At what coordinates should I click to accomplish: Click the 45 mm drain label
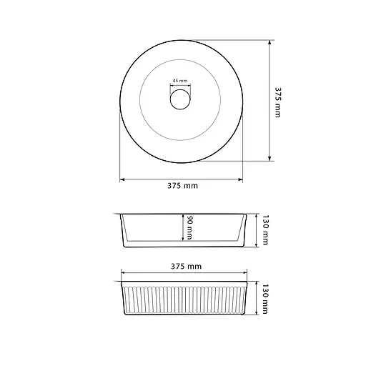tap(180, 81)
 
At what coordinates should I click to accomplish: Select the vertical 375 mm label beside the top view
tap(278, 102)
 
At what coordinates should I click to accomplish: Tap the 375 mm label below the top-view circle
tap(182, 186)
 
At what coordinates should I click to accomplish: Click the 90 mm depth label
tap(189, 227)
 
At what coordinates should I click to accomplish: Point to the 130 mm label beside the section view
tap(265, 230)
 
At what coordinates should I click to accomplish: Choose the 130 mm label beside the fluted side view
tap(265, 299)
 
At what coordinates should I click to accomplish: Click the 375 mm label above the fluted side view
tap(186, 266)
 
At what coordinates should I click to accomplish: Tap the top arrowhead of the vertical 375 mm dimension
tap(269, 42)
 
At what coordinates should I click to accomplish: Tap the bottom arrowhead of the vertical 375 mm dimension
tap(269, 159)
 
